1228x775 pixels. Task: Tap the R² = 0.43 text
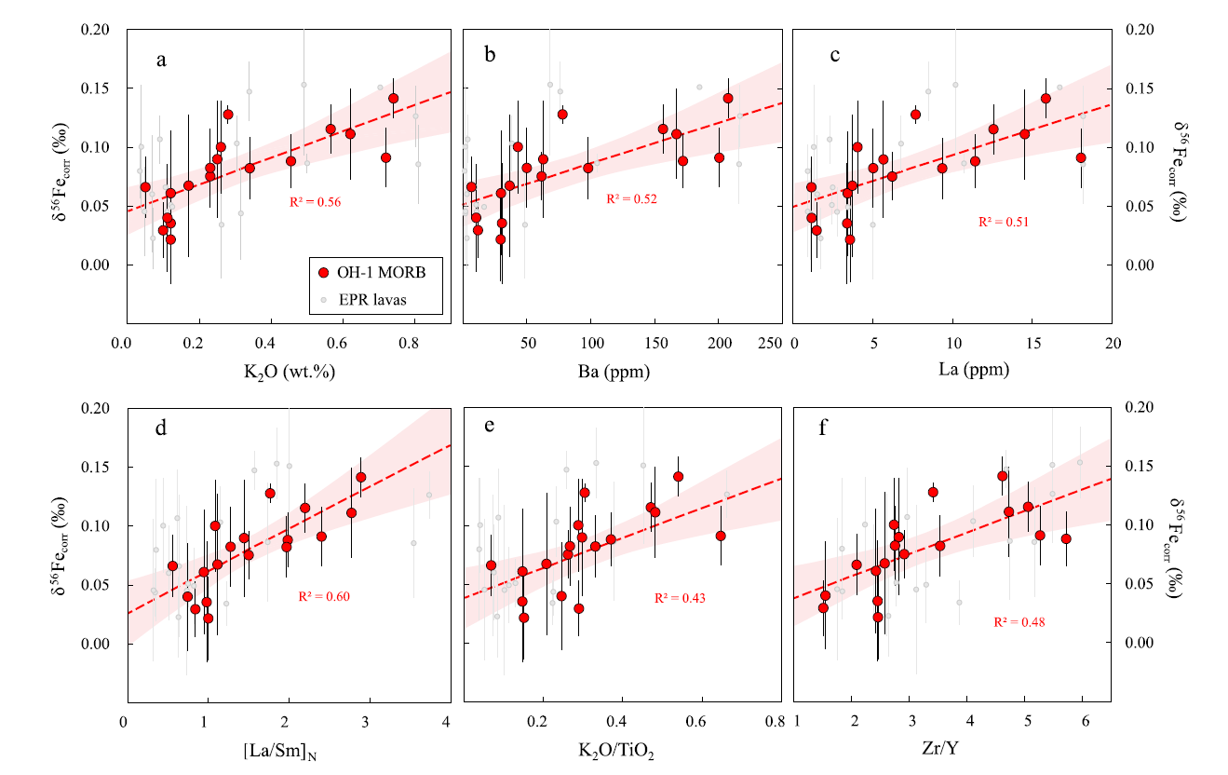681,598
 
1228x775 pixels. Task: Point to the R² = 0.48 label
1019,621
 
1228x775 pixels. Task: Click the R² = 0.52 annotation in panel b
632,198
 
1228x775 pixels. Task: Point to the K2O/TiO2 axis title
617,749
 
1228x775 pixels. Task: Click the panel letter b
490,59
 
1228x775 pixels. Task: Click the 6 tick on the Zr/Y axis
1085,722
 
